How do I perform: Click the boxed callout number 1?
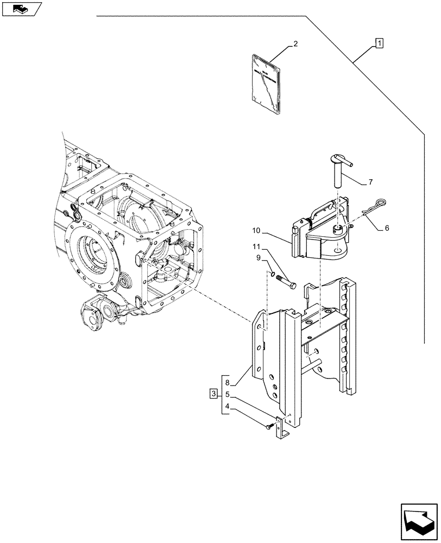pos(379,43)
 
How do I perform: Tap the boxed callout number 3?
pos(214,393)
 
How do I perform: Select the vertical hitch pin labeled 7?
pos(337,171)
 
